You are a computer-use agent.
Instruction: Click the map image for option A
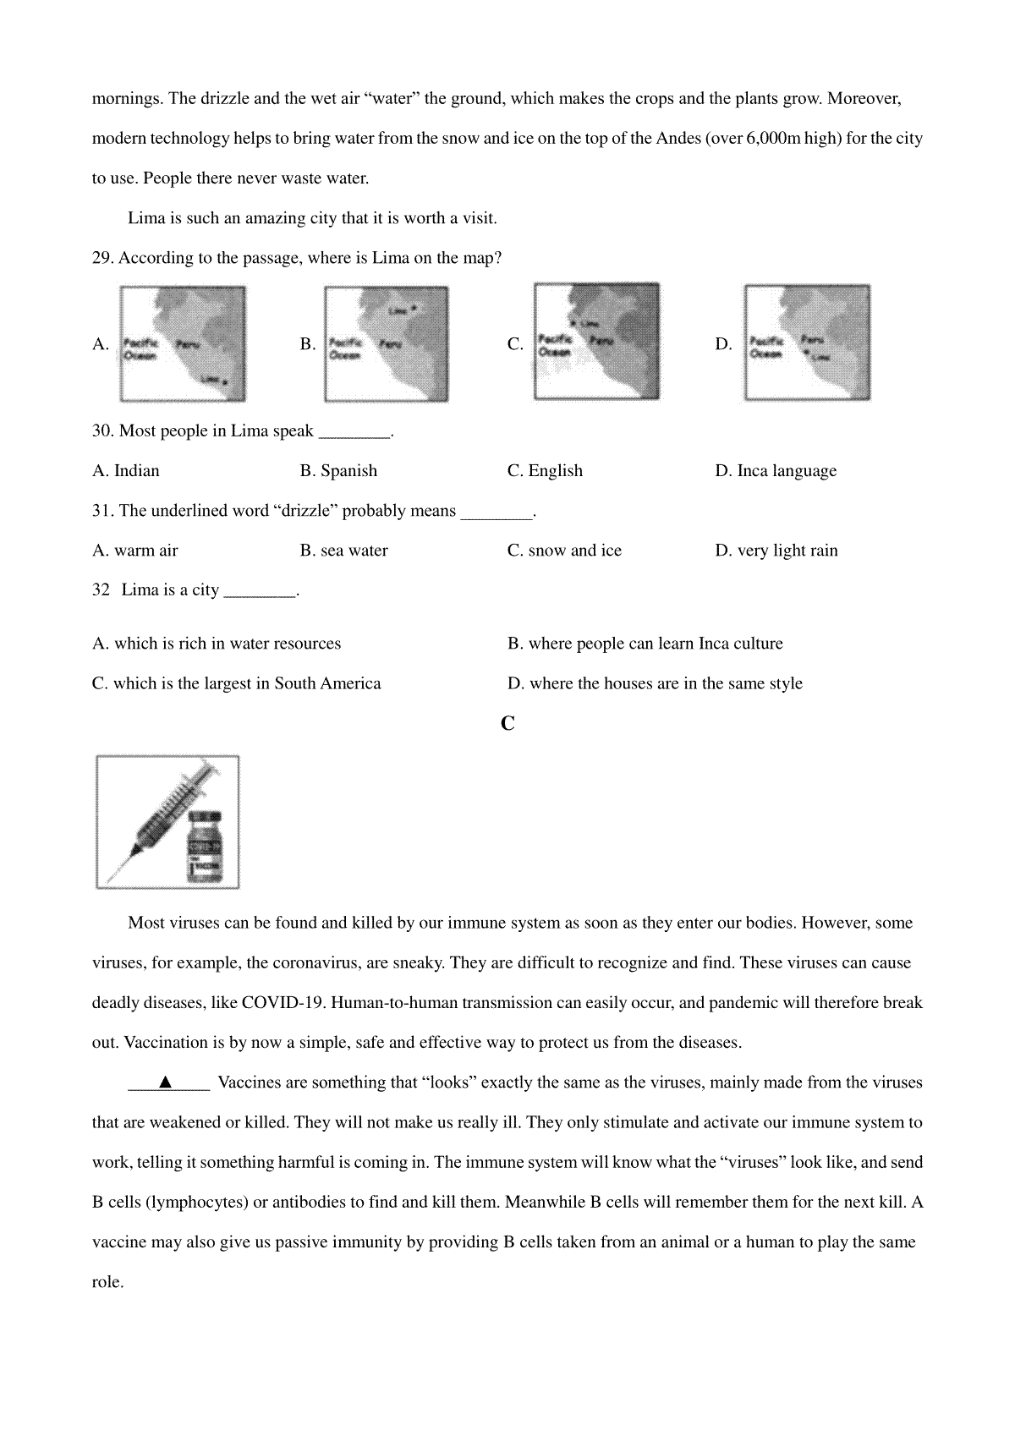(x=183, y=343)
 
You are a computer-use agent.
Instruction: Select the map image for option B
(x=387, y=343)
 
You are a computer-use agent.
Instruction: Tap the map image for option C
(x=597, y=341)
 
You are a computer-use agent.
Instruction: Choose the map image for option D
(x=807, y=343)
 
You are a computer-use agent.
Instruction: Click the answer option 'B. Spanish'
(x=338, y=471)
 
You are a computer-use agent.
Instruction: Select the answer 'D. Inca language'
(x=776, y=471)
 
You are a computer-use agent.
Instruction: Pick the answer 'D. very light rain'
(x=776, y=551)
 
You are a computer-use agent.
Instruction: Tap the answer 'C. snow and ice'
(x=564, y=551)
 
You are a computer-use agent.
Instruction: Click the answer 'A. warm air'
(x=135, y=551)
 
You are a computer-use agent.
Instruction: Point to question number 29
(x=102, y=258)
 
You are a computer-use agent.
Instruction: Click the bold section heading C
(x=507, y=724)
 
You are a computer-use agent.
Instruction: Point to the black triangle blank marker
(x=166, y=1082)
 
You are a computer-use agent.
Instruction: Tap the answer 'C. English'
(x=545, y=471)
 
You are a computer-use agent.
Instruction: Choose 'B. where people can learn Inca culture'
(x=645, y=644)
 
